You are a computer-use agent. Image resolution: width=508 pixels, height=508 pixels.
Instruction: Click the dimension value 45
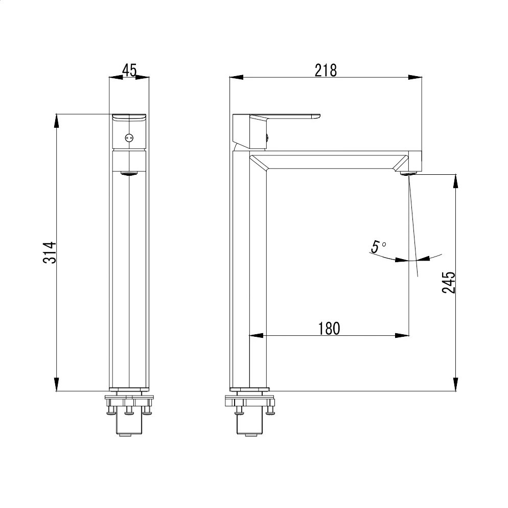[130, 71]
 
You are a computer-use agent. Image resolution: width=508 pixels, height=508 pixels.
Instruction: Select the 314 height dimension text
[50, 252]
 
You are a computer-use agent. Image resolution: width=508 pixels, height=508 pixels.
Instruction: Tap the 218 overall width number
[326, 71]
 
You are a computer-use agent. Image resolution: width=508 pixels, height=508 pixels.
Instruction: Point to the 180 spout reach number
[329, 329]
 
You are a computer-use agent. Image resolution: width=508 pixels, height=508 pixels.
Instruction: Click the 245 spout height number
[449, 282]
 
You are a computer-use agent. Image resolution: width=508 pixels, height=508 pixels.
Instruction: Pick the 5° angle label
[378, 247]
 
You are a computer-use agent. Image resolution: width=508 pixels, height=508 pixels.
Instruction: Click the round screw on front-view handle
[129, 138]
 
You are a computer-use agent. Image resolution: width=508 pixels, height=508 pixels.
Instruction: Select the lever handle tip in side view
[319, 116]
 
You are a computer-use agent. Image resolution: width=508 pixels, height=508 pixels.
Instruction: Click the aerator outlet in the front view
[129, 173]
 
